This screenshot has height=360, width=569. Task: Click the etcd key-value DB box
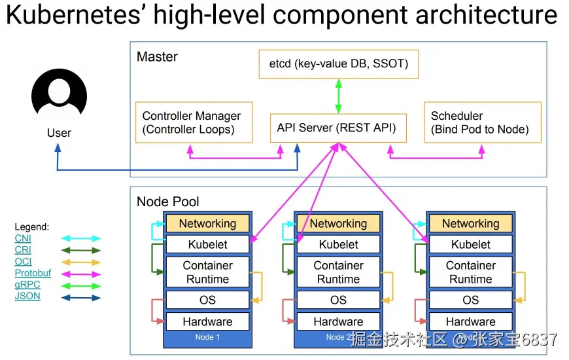point(338,64)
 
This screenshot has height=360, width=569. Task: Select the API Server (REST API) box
point(336,128)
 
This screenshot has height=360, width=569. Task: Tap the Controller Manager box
point(192,122)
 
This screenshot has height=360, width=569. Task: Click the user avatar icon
point(59,95)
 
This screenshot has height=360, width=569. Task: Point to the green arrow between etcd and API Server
point(339,96)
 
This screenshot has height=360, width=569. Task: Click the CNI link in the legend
point(23,238)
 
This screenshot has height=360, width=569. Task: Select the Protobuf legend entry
point(33,273)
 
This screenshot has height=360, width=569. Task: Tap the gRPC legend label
point(27,285)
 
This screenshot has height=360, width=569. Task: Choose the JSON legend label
point(27,296)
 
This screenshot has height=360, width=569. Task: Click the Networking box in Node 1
point(207,223)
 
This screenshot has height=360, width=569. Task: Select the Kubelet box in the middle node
point(338,244)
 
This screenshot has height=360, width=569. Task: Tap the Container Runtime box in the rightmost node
point(470,272)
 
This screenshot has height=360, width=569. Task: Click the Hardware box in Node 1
point(207,321)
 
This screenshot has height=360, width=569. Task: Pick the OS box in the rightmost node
point(470,300)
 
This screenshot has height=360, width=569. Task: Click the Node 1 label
point(207,337)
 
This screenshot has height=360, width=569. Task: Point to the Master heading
point(157,57)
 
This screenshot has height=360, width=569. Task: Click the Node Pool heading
point(168,202)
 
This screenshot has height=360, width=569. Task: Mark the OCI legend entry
point(23,261)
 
